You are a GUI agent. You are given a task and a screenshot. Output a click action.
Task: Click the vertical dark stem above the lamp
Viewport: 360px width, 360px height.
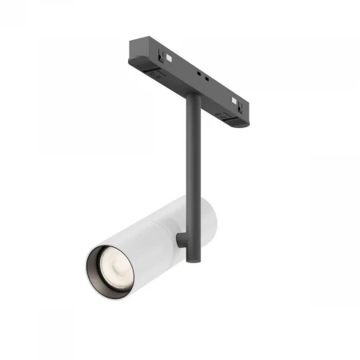193,152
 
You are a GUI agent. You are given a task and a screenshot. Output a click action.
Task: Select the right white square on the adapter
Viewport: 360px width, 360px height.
234,102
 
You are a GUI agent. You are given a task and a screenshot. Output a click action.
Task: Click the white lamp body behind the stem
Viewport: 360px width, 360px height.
205,220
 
